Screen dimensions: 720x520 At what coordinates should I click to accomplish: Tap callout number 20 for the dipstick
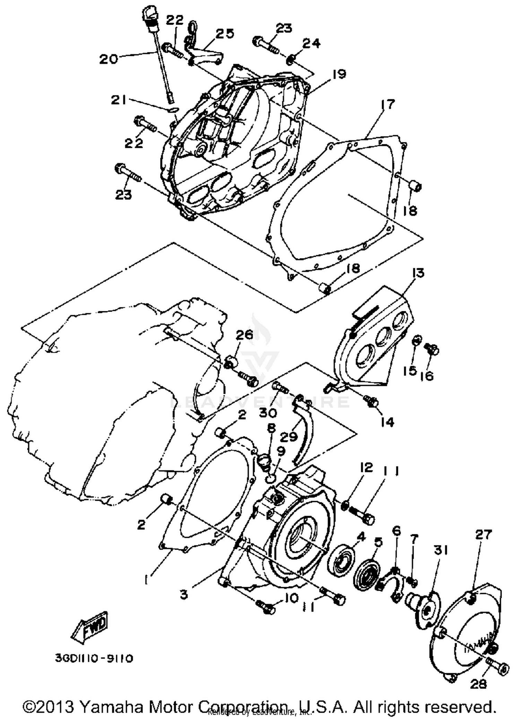click(x=109, y=59)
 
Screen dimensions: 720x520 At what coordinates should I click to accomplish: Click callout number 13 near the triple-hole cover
click(x=418, y=273)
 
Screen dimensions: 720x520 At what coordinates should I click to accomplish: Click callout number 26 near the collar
click(x=245, y=335)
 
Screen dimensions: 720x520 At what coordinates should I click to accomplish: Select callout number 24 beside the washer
click(x=311, y=43)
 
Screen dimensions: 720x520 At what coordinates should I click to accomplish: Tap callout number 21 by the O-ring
click(x=119, y=101)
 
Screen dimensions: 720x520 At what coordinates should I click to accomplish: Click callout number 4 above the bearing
click(x=361, y=537)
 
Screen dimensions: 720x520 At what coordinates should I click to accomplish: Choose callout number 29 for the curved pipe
click(x=289, y=437)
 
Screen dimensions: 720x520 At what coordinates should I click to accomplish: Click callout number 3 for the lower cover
click(x=183, y=594)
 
